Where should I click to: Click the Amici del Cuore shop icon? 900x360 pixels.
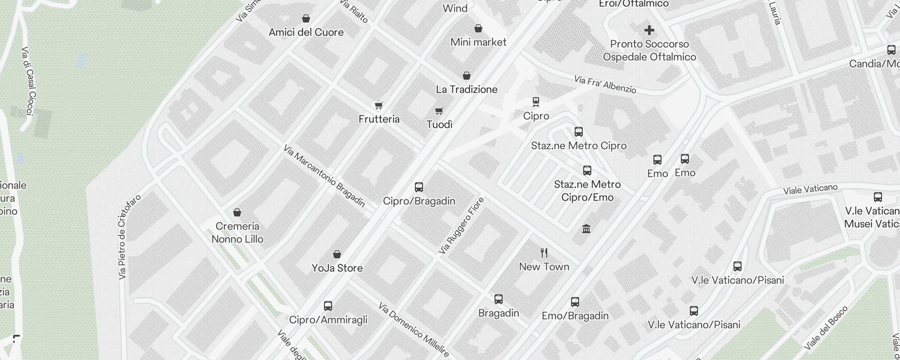point(306,18)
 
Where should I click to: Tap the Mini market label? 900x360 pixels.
point(478,42)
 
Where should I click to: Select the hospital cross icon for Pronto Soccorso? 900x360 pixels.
point(649,30)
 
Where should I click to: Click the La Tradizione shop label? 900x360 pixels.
point(467,90)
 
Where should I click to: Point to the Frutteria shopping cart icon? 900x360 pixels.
point(379,106)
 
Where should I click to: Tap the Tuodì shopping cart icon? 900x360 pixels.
point(439,111)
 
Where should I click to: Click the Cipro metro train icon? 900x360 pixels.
point(535,102)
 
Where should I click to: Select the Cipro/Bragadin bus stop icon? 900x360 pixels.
point(419,187)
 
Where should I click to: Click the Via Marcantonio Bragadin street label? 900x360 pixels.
point(324,176)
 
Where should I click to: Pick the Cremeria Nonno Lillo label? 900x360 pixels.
point(237,233)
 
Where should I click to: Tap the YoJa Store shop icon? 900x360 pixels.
point(337,255)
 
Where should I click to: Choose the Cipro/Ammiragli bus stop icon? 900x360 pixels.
point(328,306)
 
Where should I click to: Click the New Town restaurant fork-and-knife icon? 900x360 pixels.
point(544,253)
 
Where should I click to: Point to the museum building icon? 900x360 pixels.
point(586,229)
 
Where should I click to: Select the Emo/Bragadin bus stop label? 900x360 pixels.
point(575,316)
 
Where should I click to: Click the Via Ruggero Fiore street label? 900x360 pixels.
point(461,225)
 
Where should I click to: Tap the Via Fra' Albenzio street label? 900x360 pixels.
point(605,85)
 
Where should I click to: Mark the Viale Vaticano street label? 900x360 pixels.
point(810,189)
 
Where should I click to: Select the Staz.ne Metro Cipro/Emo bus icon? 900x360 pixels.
point(587,171)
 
